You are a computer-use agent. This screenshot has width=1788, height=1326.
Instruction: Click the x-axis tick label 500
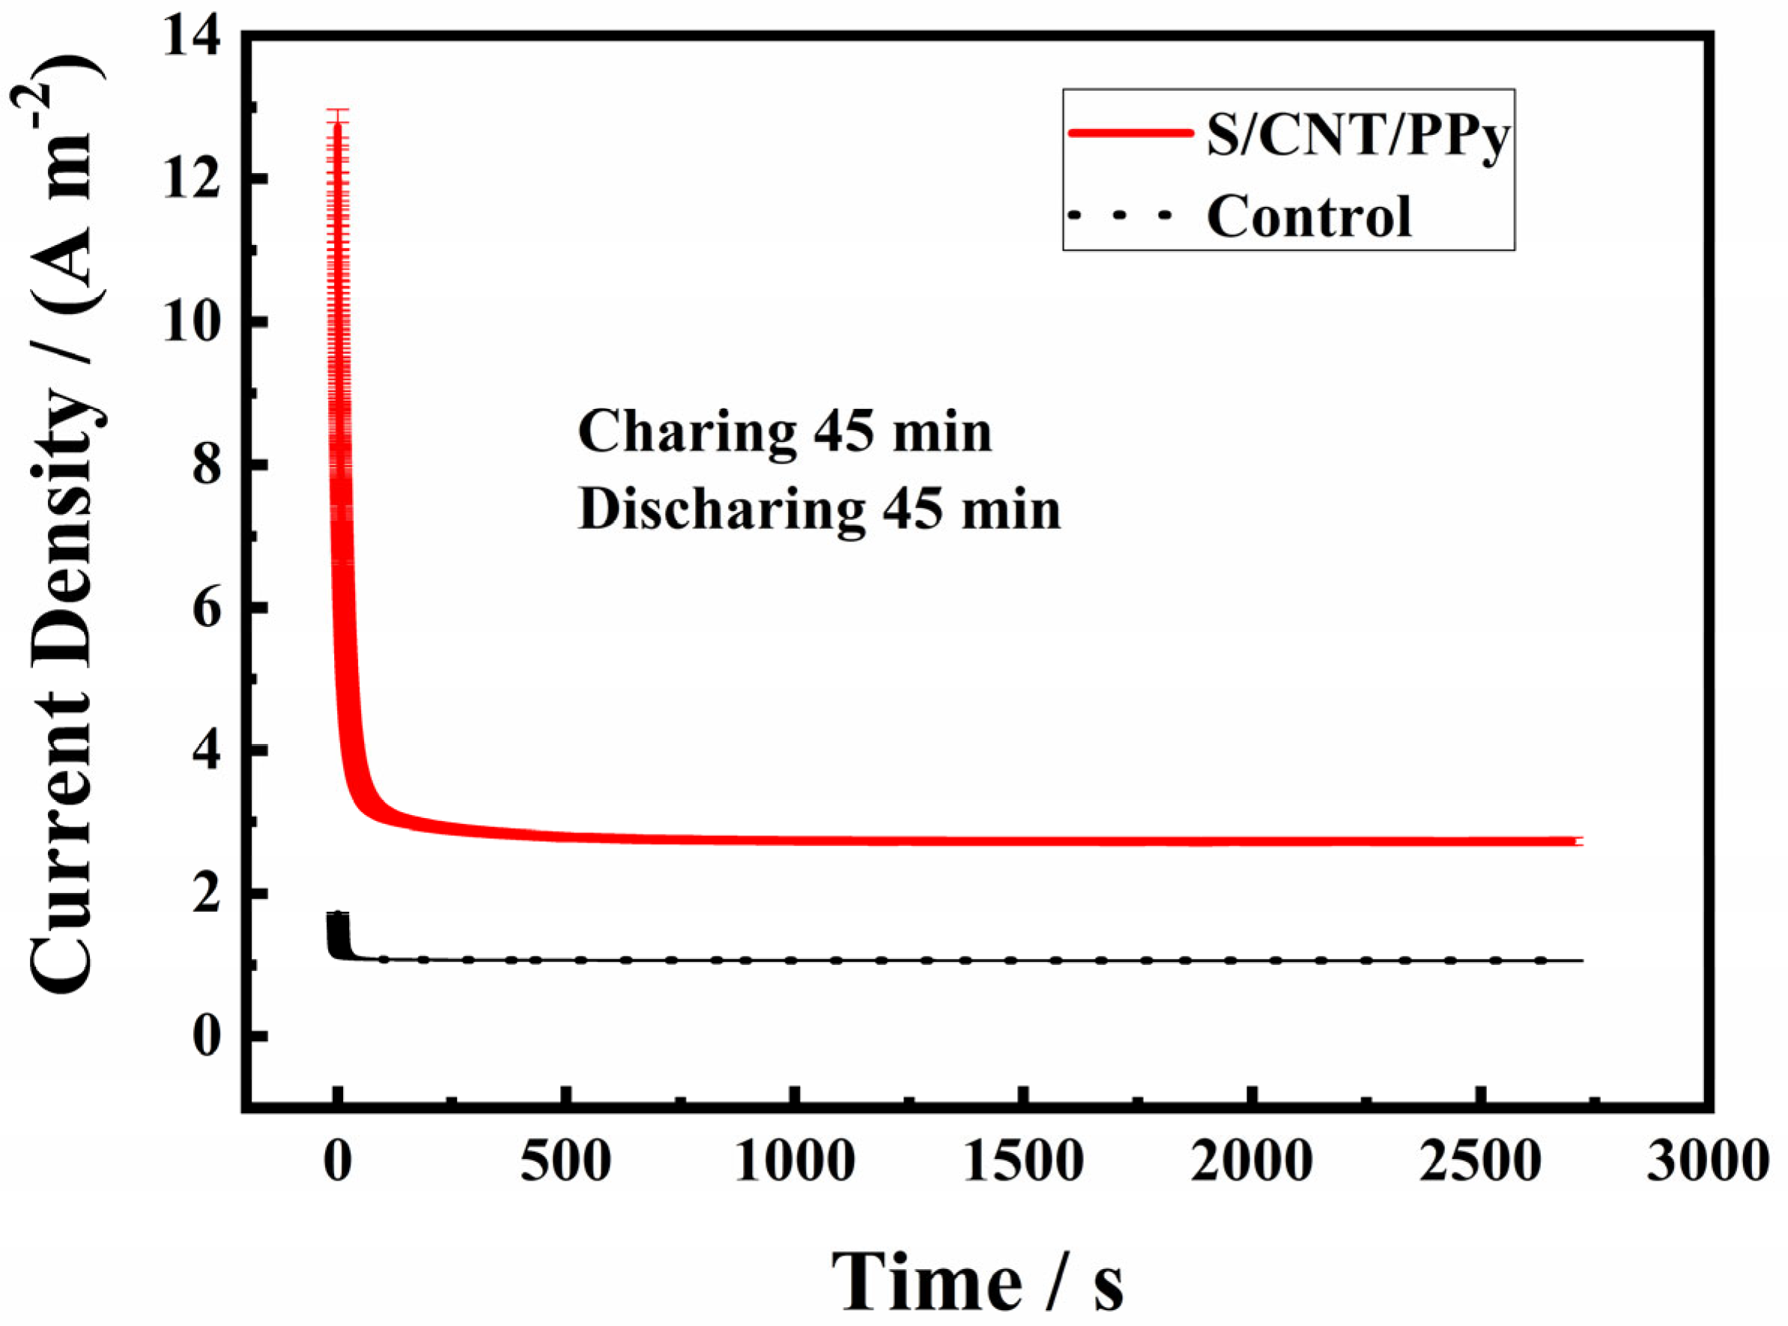(566, 1160)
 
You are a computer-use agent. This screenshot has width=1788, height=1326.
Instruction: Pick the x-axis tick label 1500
(1023, 1160)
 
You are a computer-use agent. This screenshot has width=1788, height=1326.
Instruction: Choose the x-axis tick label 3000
(1708, 1160)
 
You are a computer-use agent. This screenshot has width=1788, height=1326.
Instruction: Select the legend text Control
(1309, 217)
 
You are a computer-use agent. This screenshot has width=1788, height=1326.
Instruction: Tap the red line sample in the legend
(1130, 135)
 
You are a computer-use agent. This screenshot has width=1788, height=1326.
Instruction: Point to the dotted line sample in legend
(1121, 215)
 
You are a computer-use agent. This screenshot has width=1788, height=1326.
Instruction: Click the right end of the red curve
(1579, 841)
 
